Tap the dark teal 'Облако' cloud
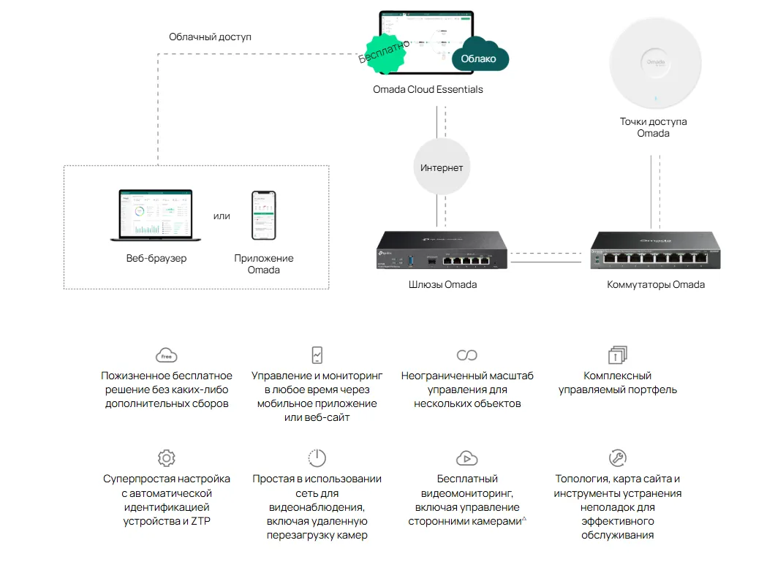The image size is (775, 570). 480,58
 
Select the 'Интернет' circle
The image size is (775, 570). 442,167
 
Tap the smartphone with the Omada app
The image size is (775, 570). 264,216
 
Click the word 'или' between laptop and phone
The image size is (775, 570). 222,216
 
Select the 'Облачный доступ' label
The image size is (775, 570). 210,37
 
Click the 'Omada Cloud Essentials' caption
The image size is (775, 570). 428,89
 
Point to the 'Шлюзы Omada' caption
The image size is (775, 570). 442,284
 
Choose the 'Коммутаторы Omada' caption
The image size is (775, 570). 656,284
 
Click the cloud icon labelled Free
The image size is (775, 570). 167,355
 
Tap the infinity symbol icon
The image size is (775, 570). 466,355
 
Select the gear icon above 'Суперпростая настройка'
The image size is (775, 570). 167,458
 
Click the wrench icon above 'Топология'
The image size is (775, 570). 618,458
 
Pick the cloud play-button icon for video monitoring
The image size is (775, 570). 466,458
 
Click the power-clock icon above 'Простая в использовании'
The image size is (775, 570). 317,458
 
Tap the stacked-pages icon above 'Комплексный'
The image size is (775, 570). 618,355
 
